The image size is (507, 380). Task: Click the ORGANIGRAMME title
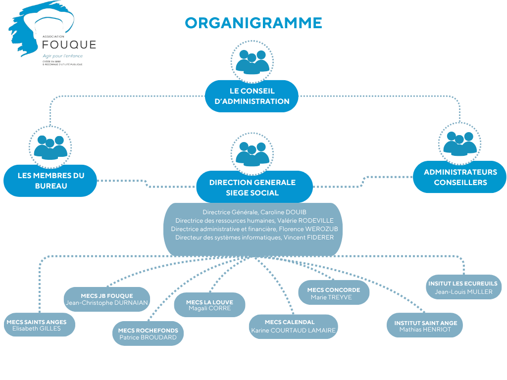click(x=253, y=23)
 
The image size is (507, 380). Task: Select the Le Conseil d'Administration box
click(x=252, y=96)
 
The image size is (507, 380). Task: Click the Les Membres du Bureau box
click(x=51, y=181)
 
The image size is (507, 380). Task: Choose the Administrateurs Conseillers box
click(x=460, y=177)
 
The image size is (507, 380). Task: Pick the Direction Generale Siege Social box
click(x=252, y=187)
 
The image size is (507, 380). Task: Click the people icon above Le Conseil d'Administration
click(x=252, y=61)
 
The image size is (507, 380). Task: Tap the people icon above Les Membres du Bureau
click(x=50, y=146)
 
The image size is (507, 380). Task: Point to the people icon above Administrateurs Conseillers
click(x=460, y=143)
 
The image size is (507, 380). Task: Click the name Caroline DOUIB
click(x=281, y=212)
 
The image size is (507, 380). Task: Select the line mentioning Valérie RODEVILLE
click(x=254, y=221)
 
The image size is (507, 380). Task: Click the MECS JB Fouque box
click(x=106, y=299)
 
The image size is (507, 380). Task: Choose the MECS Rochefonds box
click(x=148, y=333)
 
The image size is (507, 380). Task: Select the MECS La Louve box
click(x=209, y=305)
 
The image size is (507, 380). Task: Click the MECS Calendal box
click(x=293, y=326)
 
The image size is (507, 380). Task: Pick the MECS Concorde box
click(x=334, y=293)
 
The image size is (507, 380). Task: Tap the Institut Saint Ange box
click(x=425, y=326)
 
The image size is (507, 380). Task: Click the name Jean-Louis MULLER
click(x=463, y=292)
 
